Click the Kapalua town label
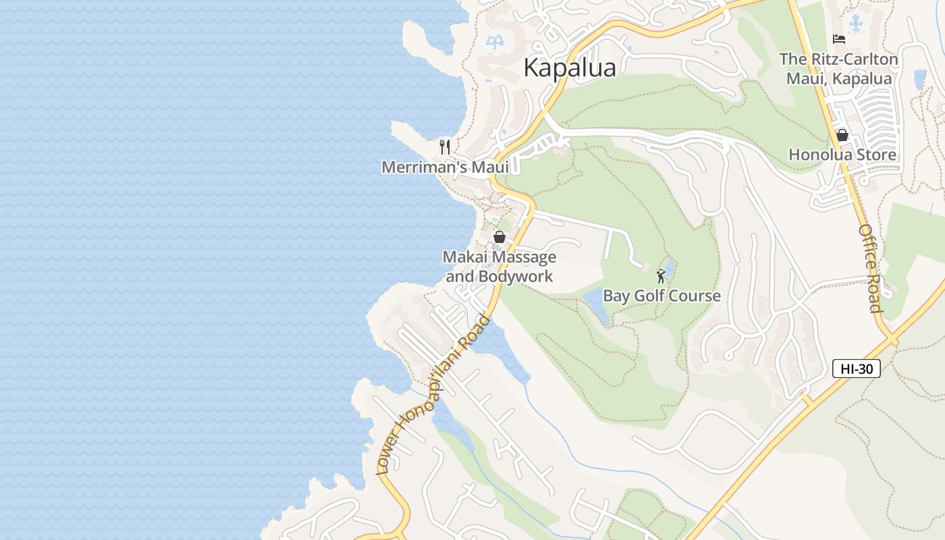pos(570,67)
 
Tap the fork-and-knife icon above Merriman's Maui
pos(445,146)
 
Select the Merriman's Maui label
pos(445,167)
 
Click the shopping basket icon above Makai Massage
pos(500,237)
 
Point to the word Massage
pos(525,257)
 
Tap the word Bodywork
pos(516,276)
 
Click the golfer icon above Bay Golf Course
pos(661,276)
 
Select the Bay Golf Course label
pos(661,296)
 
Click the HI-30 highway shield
pos(856,369)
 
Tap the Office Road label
pos(870,269)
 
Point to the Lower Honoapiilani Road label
pos(432,396)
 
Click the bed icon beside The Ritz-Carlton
pos(839,39)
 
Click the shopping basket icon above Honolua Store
pos(842,135)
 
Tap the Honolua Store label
pos(842,155)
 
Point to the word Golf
pos(644,296)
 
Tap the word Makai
pos(466,257)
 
